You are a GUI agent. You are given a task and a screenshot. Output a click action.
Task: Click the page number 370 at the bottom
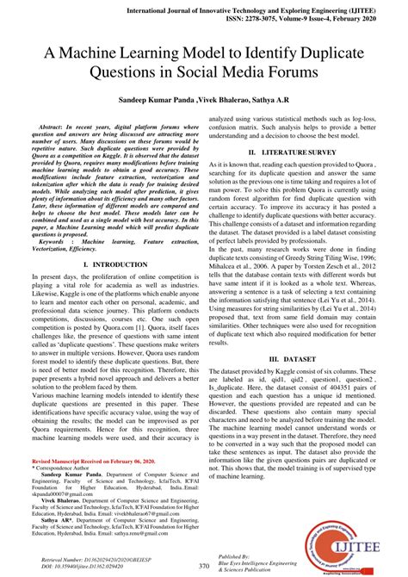click(204, 566)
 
